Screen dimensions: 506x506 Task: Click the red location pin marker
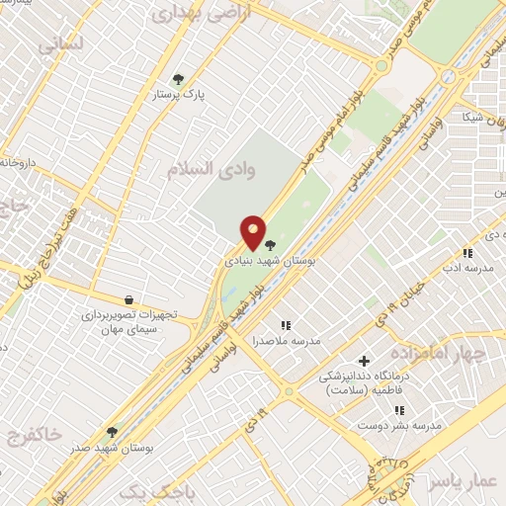pyautogui.click(x=254, y=232)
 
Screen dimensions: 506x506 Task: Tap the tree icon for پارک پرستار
pyautogui.click(x=178, y=79)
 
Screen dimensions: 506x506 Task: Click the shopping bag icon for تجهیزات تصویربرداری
pyautogui.click(x=128, y=299)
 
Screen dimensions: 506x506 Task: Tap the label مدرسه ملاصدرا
pyautogui.click(x=287, y=340)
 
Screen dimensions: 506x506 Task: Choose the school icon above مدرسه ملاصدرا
pyautogui.click(x=287, y=324)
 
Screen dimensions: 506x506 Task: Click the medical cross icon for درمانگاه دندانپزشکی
pyautogui.click(x=365, y=362)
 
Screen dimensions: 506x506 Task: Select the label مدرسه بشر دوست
pyautogui.click(x=399, y=425)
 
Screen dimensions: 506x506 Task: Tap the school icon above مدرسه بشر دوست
pyautogui.click(x=399, y=409)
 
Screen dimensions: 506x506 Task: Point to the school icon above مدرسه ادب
pyautogui.click(x=468, y=254)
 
